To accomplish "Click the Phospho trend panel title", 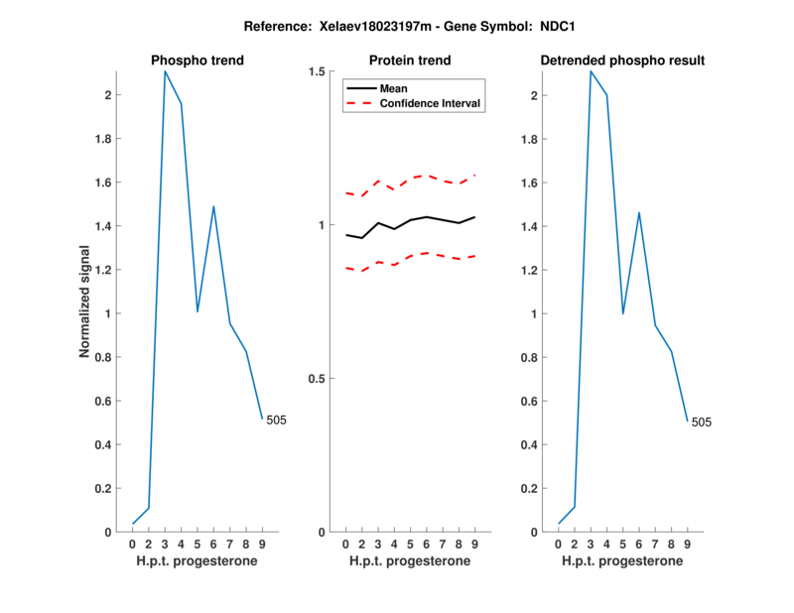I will pyautogui.click(x=197, y=61).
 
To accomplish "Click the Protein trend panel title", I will pyautogui.click(x=410, y=61).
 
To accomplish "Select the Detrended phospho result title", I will pyautogui.click(x=622, y=61).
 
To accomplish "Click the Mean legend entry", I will pyautogui.click(x=393, y=88).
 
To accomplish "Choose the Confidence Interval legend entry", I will pyautogui.click(x=431, y=103).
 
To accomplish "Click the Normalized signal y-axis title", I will pyautogui.click(x=87, y=302).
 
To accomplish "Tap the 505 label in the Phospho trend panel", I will pyautogui.click(x=276, y=421).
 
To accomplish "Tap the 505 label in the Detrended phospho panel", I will pyautogui.click(x=701, y=423).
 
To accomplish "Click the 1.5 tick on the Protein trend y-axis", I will pyautogui.click(x=318, y=72).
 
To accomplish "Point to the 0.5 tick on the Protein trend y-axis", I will pyautogui.click(x=318, y=379).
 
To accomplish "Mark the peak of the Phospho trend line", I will pyautogui.click(x=165, y=71).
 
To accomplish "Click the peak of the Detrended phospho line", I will pyautogui.click(x=591, y=71).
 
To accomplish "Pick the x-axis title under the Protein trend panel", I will pyautogui.click(x=410, y=561).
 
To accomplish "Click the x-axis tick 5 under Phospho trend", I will pyautogui.click(x=198, y=545).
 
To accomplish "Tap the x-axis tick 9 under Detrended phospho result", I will pyautogui.click(x=687, y=545).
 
